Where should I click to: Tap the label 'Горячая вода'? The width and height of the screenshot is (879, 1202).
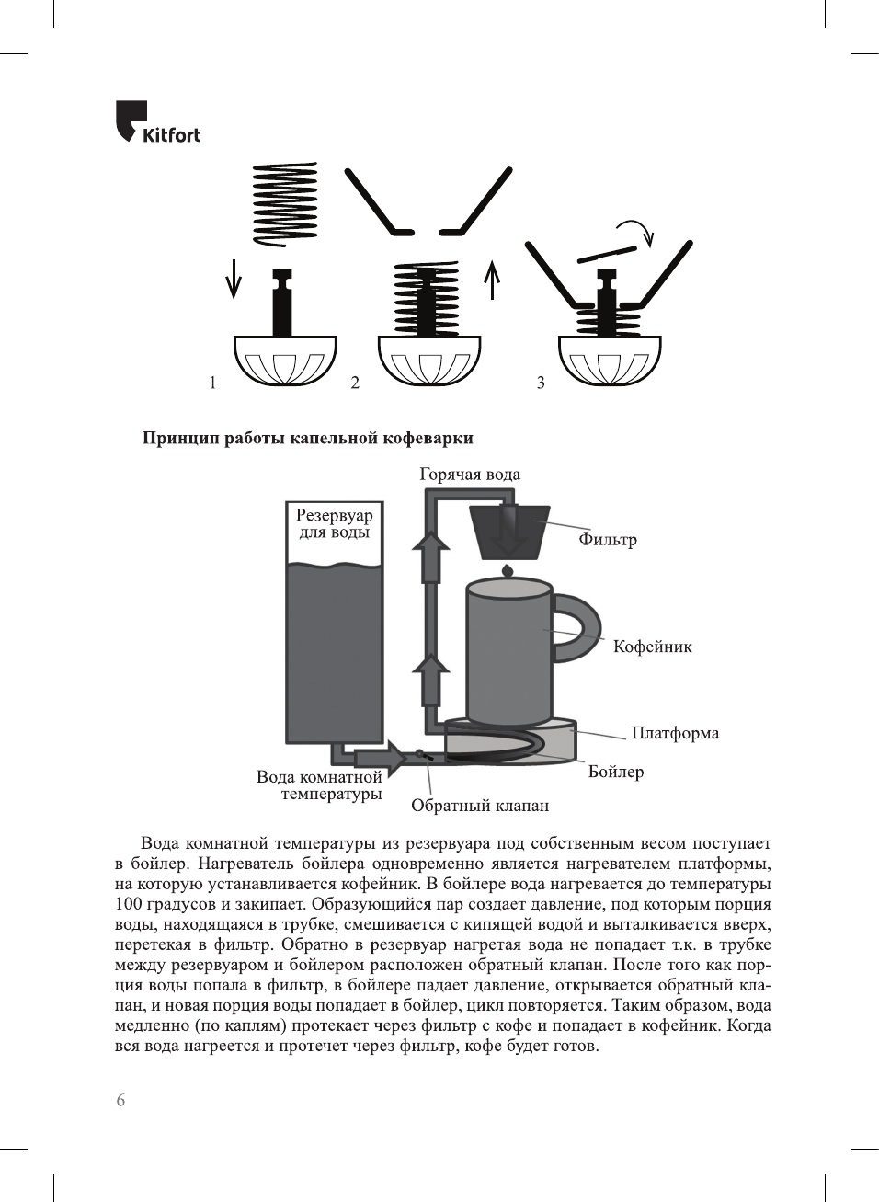click(x=469, y=475)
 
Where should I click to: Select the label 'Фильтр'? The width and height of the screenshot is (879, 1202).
click(x=607, y=540)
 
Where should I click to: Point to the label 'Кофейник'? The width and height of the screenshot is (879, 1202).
click(x=652, y=647)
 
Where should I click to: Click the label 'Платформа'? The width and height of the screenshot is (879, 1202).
click(x=675, y=733)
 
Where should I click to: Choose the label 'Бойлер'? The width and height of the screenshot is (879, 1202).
click(x=615, y=772)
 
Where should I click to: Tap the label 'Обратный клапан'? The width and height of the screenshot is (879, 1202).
click(x=479, y=806)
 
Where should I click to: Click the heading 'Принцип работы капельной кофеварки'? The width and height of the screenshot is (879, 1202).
click(x=307, y=438)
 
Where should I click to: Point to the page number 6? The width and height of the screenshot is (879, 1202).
click(x=120, y=1100)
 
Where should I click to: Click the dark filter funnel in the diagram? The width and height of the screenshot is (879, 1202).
click(x=508, y=532)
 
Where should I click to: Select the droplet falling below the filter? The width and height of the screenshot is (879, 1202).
click(x=507, y=571)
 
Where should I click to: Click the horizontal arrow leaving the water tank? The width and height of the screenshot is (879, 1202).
click(x=379, y=757)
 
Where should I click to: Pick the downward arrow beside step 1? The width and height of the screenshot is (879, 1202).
click(x=234, y=278)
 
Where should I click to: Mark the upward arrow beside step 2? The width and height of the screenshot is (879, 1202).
click(x=493, y=279)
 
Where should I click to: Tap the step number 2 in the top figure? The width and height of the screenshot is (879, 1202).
click(x=355, y=383)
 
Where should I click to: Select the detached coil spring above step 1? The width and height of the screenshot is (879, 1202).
click(x=285, y=204)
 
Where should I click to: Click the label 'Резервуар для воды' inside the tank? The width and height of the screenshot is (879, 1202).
click(x=334, y=523)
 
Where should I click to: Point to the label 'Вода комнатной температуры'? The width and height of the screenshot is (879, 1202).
click(x=319, y=784)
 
